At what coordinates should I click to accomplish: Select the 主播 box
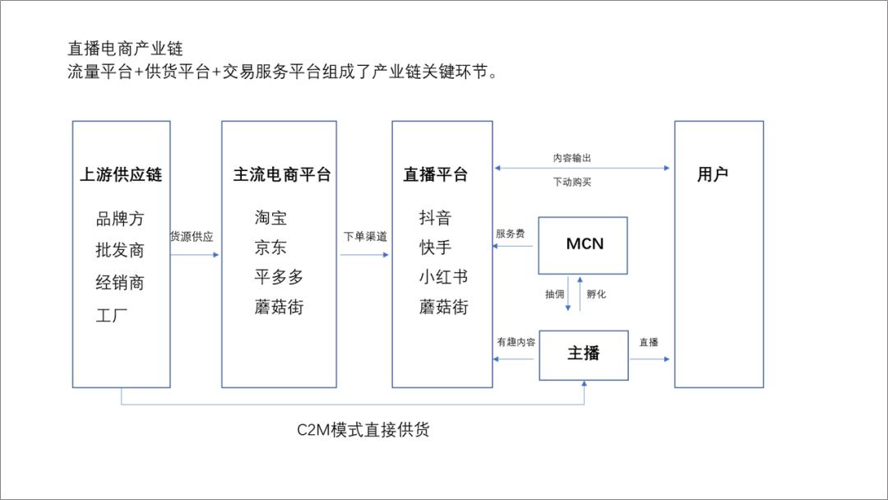tap(583, 354)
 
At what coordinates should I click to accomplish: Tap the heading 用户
tap(712, 174)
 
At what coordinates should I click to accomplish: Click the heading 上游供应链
tap(121, 174)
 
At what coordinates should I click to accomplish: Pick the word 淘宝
tap(271, 219)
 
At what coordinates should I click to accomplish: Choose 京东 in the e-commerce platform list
tap(271, 248)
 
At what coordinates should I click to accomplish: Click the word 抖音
tap(435, 219)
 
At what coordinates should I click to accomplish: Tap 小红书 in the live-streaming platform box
tap(443, 278)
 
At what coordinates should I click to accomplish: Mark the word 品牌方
tap(120, 219)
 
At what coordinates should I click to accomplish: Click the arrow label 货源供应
tap(192, 237)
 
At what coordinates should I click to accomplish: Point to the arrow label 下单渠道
tap(365, 237)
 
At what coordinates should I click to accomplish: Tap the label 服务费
tap(510, 234)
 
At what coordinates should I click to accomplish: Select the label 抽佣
tap(554, 294)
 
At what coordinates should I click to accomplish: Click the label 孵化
tap(596, 294)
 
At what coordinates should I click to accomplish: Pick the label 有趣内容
tap(516, 341)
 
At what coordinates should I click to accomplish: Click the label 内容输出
tap(571, 158)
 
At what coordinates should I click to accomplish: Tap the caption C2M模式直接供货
tap(363, 430)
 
